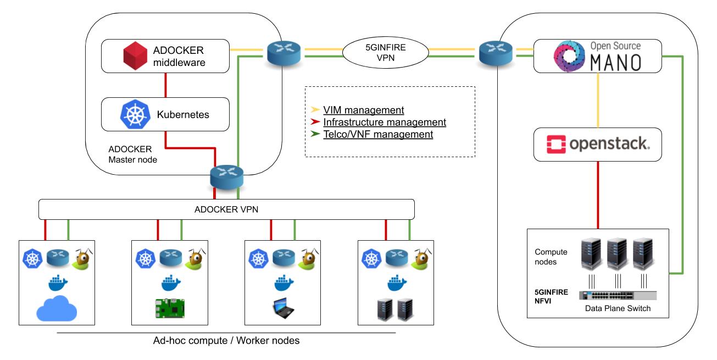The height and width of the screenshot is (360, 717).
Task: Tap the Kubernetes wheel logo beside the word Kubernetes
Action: (x=134, y=114)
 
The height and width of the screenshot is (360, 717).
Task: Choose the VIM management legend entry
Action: (x=363, y=110)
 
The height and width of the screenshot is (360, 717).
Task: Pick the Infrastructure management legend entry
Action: (x=384, y=122)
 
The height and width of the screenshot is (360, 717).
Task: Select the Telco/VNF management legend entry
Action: (x=378, y=134)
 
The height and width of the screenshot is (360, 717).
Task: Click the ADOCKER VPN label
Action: (x=226, y=208)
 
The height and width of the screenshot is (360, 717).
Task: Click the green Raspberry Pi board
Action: (x=170, y=308)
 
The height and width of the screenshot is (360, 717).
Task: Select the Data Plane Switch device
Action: (x=618, y=295)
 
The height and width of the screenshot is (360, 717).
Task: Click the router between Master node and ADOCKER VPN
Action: (x=226, y=177)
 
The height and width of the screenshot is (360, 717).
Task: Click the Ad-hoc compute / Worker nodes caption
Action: (x=226, y=341)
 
